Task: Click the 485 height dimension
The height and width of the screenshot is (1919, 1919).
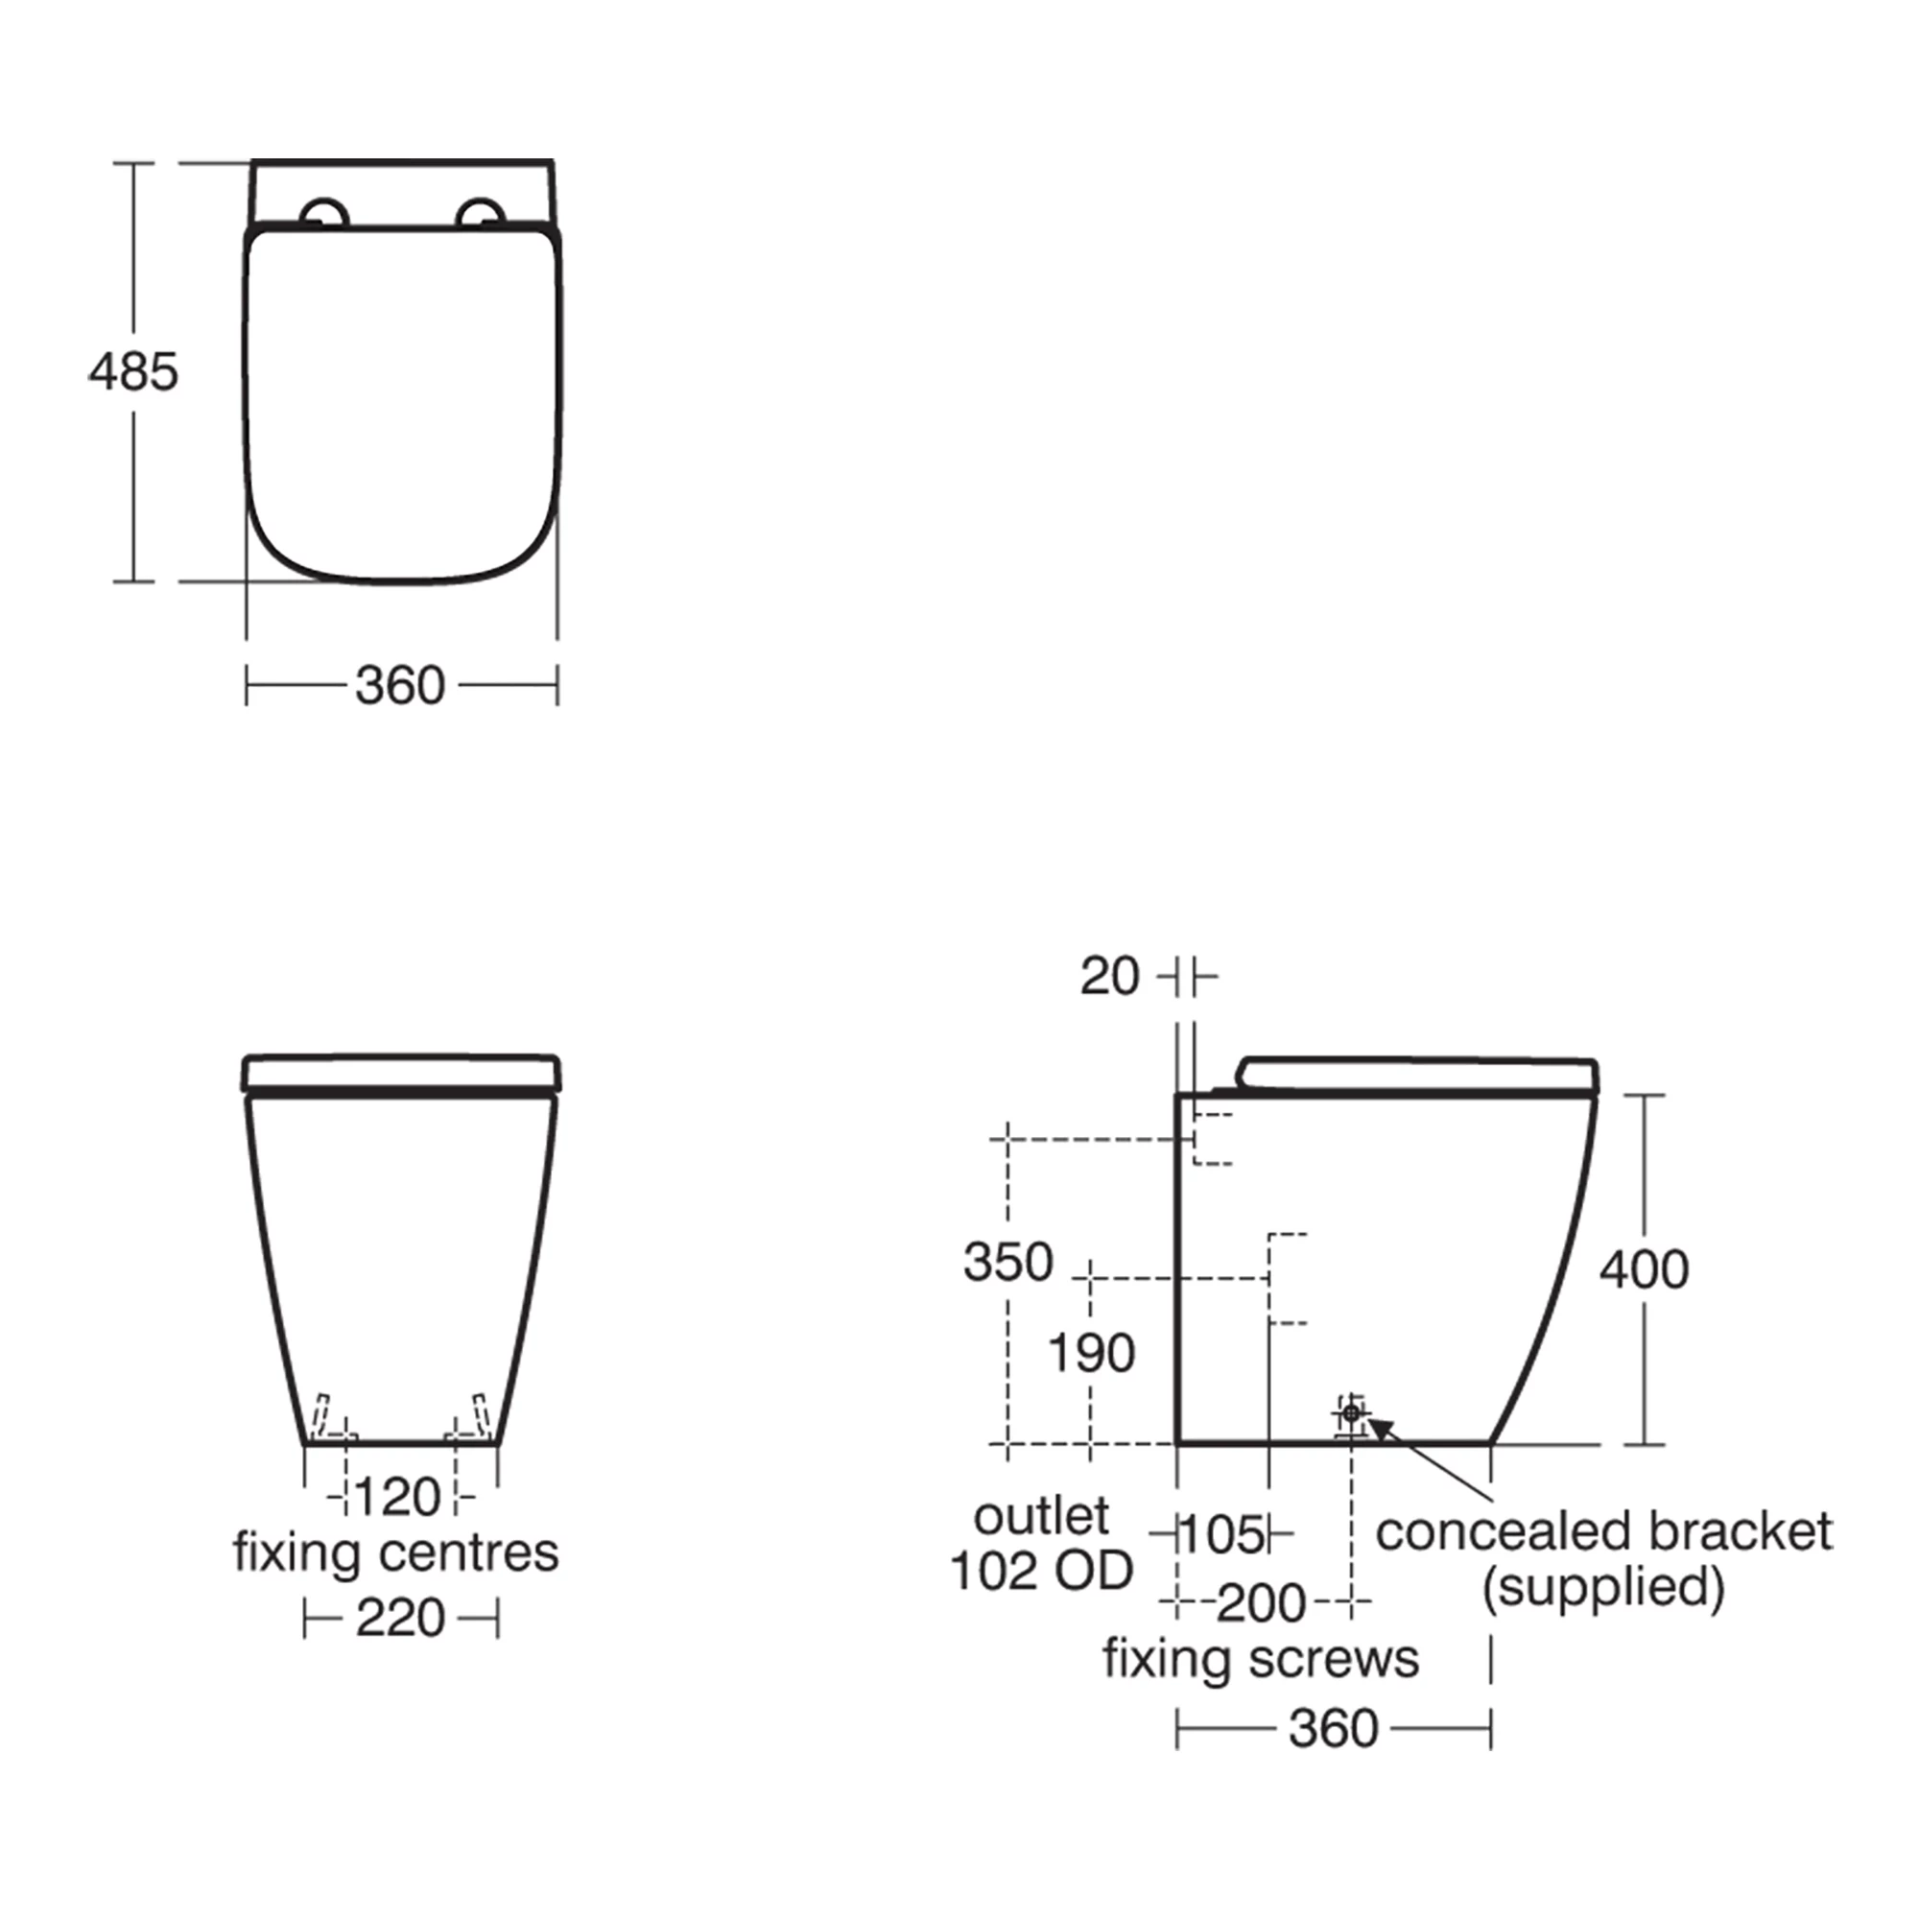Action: coord(133,372)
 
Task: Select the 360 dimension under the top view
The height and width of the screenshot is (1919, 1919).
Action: coord(400,686)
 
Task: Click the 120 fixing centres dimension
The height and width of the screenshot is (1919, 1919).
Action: coord(397,1497)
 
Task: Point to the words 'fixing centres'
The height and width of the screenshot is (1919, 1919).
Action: coord(396,1552)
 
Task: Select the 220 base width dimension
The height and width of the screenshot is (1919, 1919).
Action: coord(400,1619)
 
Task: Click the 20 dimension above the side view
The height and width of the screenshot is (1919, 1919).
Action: coord(1109,978)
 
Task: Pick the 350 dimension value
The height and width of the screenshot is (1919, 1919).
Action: coord(1008,1264)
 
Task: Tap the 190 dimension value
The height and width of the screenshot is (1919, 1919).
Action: coord(1092,1354)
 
